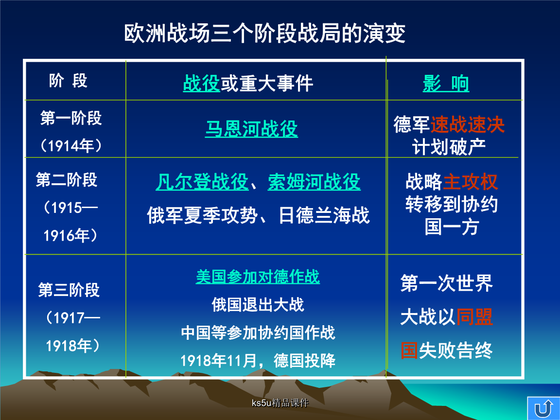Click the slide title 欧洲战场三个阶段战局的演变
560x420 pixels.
point(264,34)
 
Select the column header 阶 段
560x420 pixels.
point(68,81)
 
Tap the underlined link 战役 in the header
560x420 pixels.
point(201,83)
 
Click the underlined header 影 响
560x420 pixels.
point(446,84)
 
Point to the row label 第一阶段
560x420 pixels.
point(71,118)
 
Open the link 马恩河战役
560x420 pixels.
point(251,128)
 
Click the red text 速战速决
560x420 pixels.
point(468,124)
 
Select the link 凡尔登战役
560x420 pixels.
point(202,182)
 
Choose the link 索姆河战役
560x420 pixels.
point(314,182)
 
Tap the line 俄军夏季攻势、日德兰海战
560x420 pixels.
point(258,215)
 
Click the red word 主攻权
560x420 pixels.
point(471,181)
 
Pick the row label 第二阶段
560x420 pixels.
point(67,180)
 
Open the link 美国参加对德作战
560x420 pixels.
point(258,277)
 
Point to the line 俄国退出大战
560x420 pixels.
point(258,305)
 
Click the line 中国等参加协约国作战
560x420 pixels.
point(258,332)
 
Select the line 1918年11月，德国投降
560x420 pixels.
point(258,360)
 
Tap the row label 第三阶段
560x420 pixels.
point(69,290)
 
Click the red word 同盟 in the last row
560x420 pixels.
point(474,317)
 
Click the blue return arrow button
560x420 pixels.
point(543,408)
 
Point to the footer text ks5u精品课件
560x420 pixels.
point(280,403)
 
